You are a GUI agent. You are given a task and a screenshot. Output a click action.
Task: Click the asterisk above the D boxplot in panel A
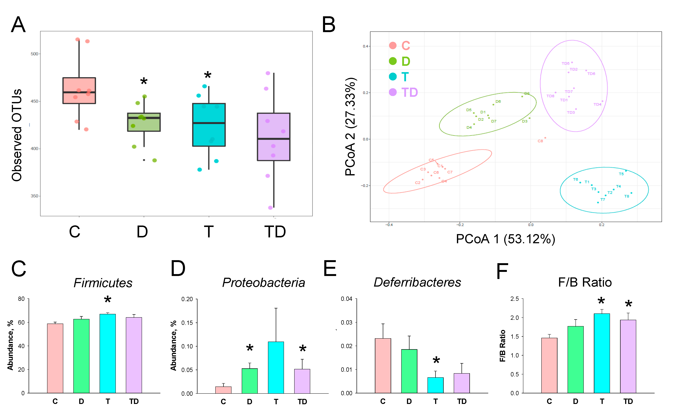pyautogui.click(x=144, y=81)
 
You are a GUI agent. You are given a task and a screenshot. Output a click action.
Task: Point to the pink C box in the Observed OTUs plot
pyautogui.click(x=79, y=91)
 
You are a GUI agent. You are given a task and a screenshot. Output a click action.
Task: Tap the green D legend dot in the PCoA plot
pyautogui.click(x=393, y=61)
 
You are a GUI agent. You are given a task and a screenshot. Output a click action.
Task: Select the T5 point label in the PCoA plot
pyautogui.click(x=621, y=174)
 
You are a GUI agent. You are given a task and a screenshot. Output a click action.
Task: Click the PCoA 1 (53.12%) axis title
pyautogui.click(x=505, y=239)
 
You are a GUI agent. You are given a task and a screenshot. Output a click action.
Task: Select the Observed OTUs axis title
pyautogui.click(x=17, y=135)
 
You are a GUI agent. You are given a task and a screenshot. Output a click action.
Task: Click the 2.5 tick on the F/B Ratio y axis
pyautogui.click(x=514, y=299)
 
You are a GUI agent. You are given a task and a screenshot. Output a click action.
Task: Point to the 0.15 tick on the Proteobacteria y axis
pyautogui.click(x=187, y=323)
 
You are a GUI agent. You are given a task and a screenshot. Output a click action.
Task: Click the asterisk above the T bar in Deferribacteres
pyautogui.click(x=436, y=360)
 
